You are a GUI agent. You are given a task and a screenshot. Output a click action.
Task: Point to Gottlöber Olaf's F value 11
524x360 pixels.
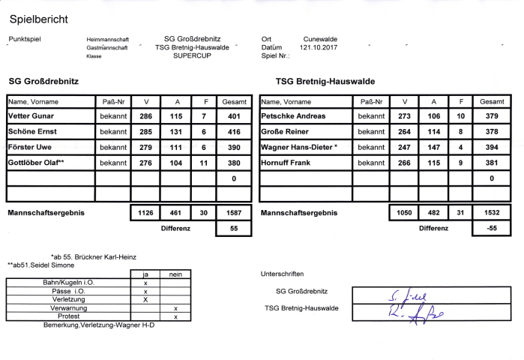point(203,162)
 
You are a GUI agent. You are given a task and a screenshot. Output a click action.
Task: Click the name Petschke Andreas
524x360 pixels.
point(293,116)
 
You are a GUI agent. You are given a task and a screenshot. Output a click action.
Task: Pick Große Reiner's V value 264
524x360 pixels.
point(404,132)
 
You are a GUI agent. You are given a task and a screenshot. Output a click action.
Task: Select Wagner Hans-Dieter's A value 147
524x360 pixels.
point(433,147)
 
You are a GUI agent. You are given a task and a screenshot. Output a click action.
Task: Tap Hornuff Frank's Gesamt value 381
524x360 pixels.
point(491,162)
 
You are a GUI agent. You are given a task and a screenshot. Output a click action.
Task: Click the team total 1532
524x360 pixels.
point(491,213)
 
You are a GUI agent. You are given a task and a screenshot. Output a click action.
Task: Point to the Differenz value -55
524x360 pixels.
point(491,228)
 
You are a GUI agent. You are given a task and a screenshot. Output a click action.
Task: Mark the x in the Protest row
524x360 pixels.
point(175,316)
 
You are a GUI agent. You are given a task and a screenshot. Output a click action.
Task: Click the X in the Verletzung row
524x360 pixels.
point(145,299)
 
